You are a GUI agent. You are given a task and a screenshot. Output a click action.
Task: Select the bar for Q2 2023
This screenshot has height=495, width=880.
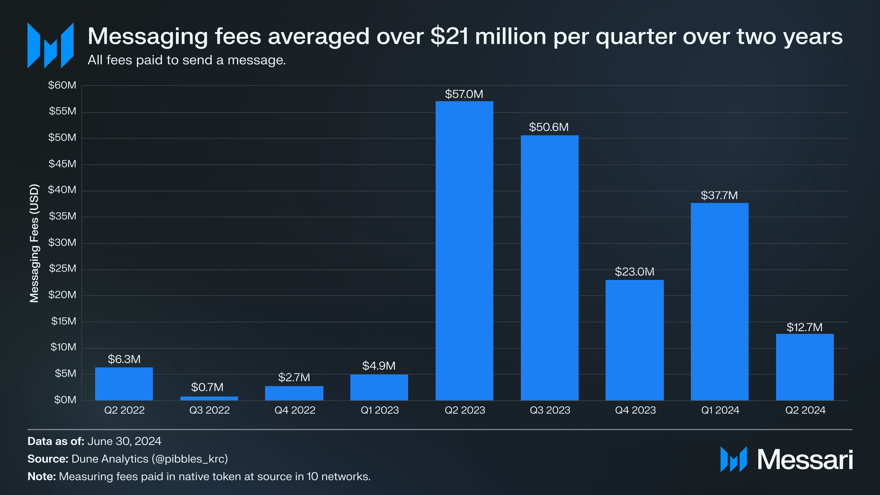coord(464,251)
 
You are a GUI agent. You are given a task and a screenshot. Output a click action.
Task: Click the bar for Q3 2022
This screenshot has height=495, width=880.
coord(209,398)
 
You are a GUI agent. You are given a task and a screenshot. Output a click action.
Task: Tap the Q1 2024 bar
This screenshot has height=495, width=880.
coord(719,302)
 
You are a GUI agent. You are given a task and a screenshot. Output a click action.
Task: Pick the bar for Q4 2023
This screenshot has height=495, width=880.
coord(634,340)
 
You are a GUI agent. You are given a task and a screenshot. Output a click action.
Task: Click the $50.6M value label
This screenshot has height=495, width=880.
coord(549,127)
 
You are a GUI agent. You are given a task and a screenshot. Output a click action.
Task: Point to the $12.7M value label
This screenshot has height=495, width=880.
coord(804,327)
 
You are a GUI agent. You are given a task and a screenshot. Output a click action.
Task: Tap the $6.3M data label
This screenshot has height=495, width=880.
coord(124,359)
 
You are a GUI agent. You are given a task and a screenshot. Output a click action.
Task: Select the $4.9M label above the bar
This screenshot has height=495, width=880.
coord(379,366)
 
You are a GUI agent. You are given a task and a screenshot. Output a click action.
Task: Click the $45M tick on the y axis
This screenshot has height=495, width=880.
coord(62,164)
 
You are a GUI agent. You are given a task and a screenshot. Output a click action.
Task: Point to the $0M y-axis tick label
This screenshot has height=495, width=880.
coord(65,400)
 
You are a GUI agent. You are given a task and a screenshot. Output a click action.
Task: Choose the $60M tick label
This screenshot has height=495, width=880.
coord(62,85)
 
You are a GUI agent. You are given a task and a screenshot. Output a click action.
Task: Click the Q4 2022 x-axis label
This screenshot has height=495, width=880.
coord(295,410)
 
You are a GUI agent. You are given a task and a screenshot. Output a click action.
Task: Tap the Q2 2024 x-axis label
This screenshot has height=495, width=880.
coord(805,410)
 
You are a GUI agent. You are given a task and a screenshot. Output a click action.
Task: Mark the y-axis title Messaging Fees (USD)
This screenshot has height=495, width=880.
coord(35,243)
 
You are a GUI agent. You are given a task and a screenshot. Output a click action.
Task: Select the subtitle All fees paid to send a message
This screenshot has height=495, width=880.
coord(187,60)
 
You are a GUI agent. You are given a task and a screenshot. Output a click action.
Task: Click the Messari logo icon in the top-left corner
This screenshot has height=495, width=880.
coord(50,45)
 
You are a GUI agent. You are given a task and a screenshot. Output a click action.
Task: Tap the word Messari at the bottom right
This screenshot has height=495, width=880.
coord(805,460)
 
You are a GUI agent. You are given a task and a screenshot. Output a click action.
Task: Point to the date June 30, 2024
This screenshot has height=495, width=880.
coord(124,442)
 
